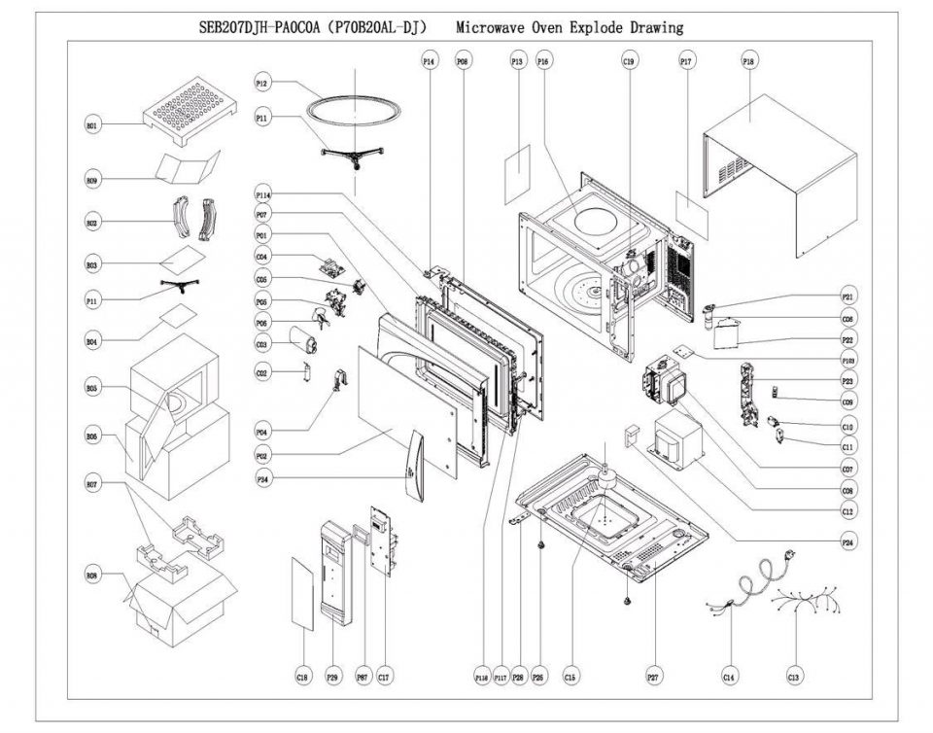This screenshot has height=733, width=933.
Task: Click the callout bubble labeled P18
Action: pos(748,60)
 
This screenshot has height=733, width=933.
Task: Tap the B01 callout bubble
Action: pos(92,126)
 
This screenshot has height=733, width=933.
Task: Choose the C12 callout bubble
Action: pos(847,511)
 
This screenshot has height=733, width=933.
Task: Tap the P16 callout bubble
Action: pos(543,60)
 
